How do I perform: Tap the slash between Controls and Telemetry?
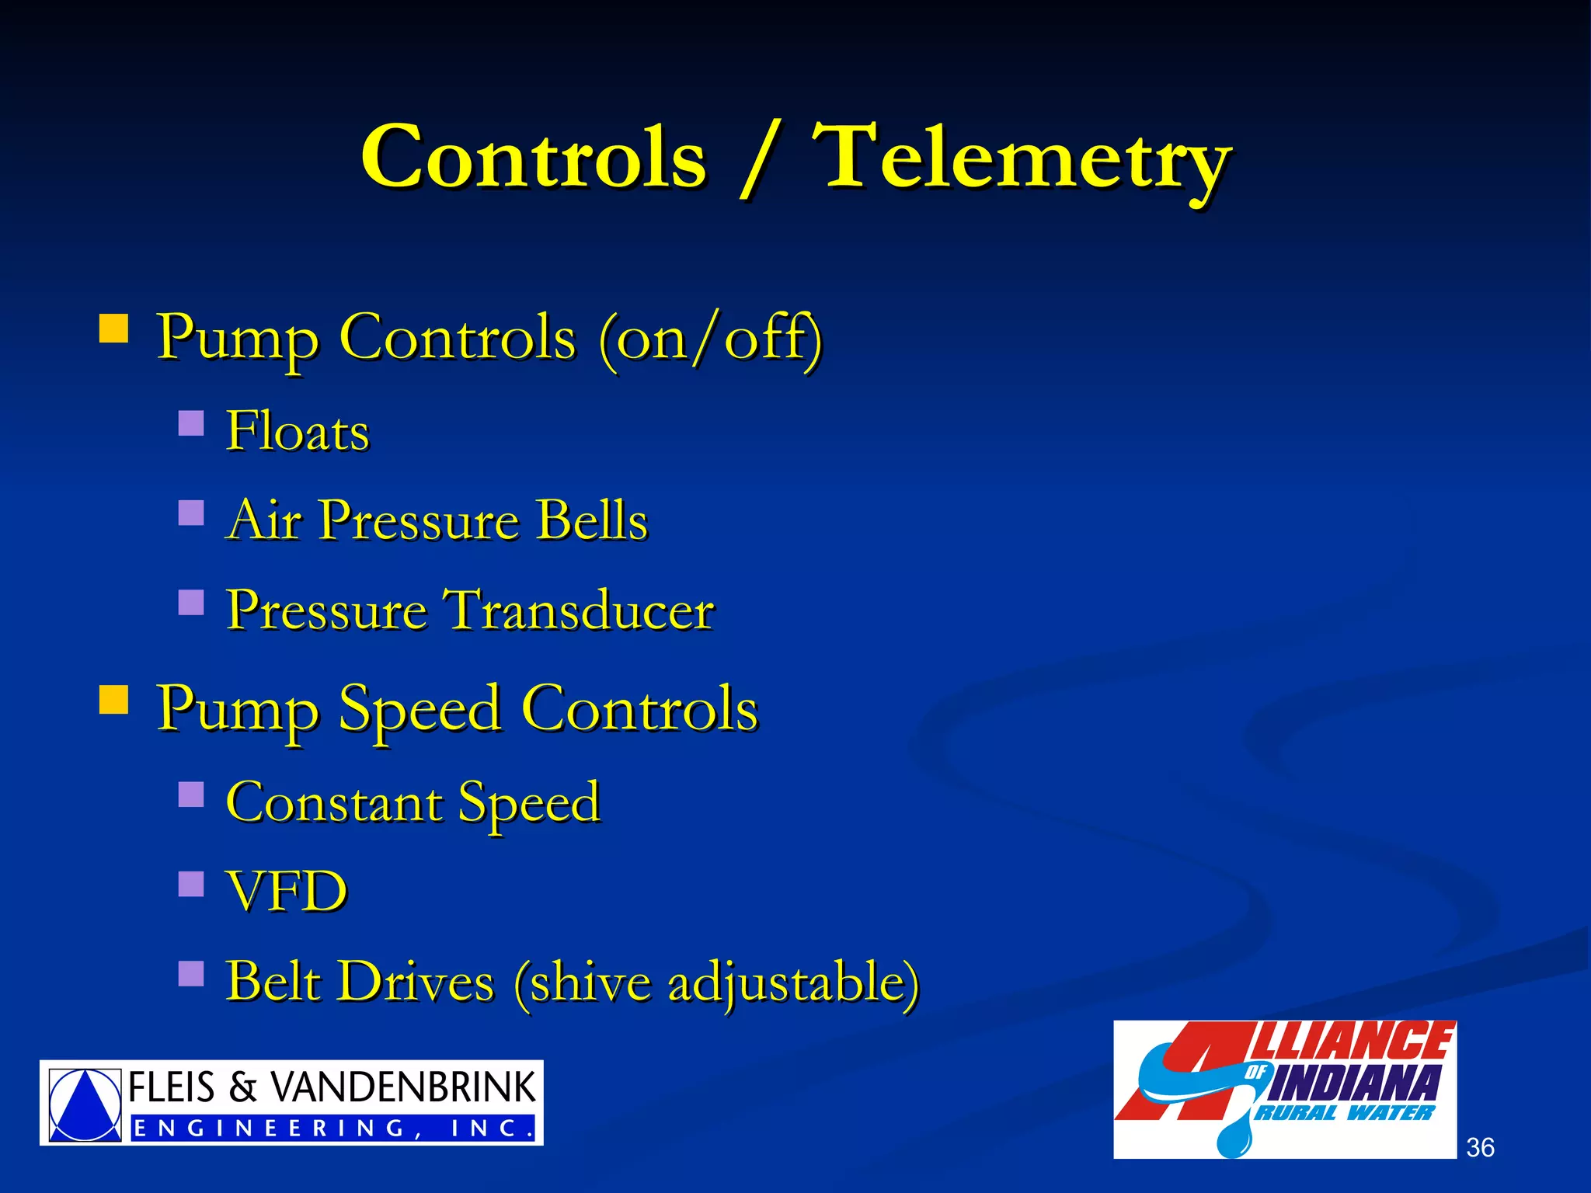tap(757, 162)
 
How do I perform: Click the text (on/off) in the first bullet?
tap(709, 339)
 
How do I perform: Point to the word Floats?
tap(297, 431)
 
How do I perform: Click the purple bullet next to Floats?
tap(190, 423)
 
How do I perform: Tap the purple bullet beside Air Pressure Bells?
tap(190, 513)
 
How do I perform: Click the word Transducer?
tap(578, 610)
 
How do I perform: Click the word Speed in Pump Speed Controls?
tap(420, 710)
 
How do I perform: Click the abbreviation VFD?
tap(286, 892)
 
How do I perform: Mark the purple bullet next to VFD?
tap(190, 884)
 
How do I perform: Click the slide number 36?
tap(1480, 1147)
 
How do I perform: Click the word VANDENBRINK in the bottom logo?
tap(402, 1087)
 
